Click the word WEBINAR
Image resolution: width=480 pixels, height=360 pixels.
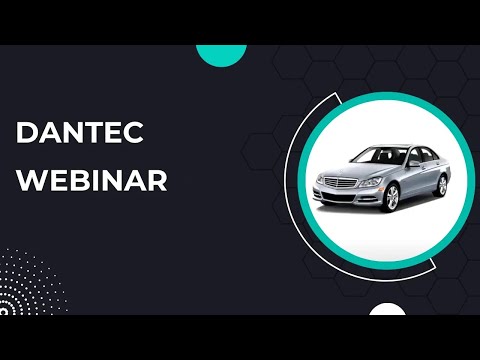tap(93, 183)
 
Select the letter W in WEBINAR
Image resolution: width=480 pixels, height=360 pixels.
tap(31, 183)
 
